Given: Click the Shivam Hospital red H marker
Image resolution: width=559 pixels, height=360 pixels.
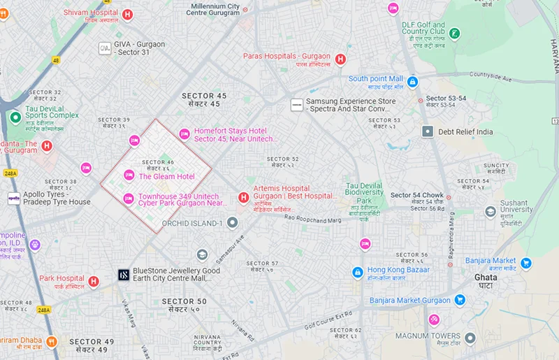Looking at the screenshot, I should point(127,15).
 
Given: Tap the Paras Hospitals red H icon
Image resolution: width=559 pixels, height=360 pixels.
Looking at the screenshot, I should point(340,60).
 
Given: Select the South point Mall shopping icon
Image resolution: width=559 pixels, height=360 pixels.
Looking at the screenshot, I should point(412,82).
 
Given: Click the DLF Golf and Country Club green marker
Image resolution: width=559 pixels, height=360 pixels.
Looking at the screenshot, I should point(455,33).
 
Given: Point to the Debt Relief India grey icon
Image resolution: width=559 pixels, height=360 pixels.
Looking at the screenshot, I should point(427,131).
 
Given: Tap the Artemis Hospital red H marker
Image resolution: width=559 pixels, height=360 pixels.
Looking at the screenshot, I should point(243,198).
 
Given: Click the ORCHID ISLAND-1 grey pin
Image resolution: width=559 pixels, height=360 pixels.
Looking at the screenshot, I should point(233,223).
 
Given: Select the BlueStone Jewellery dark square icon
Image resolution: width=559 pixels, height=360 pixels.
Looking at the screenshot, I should point(123,275).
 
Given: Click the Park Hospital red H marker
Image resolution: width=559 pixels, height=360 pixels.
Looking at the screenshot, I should point(93,281).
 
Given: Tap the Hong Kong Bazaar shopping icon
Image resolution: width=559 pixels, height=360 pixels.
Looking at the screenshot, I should point(357,271).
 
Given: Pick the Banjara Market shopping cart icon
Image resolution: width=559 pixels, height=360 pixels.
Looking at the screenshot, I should point(526,264).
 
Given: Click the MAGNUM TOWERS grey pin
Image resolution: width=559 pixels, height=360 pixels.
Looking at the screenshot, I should point(470,338).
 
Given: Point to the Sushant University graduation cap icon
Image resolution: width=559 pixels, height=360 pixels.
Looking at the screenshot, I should point(491,211).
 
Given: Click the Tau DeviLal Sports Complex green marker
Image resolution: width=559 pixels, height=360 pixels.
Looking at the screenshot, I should point(15,116).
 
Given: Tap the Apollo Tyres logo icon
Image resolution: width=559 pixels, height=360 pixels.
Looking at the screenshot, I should point(14,198).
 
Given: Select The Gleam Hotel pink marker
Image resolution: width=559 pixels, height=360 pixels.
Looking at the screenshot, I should point(129,175).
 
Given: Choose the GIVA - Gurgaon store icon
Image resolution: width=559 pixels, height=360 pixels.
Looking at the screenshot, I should point(104,48).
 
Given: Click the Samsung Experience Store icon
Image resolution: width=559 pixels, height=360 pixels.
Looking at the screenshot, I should point(297,105).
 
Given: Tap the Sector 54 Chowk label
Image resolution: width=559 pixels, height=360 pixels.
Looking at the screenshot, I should point(417,195).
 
